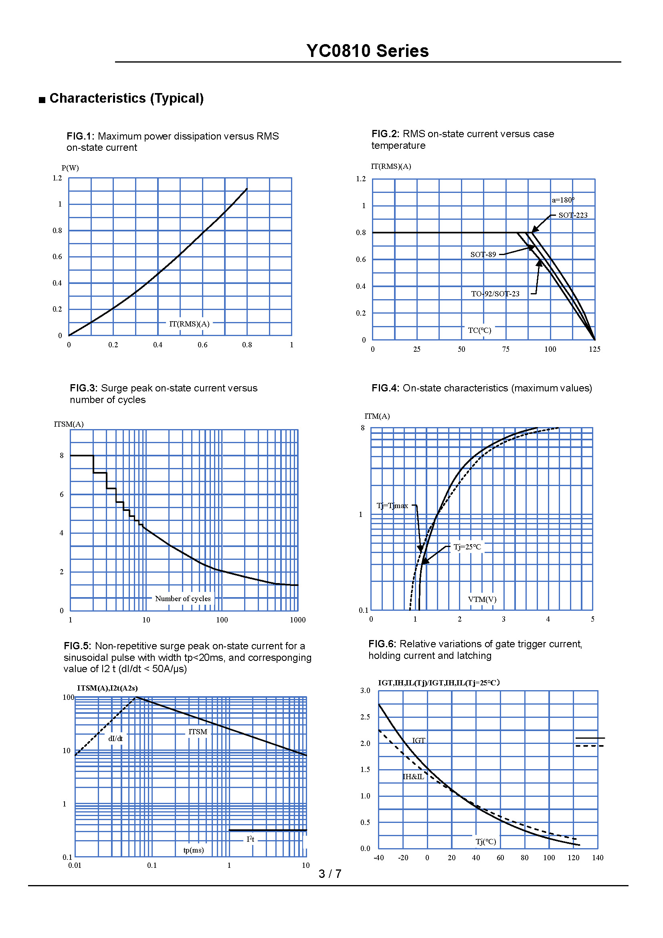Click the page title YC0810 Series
(x=368, y=51)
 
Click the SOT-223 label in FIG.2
(x=573, y=215)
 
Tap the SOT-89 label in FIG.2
(x=483, y=255)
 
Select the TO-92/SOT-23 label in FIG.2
(x=495, y=294)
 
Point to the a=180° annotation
(x=563, y=200)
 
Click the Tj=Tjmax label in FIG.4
(x=392, y=506)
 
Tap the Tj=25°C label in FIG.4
(x=467, y=547)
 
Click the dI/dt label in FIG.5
(x=115, y=739)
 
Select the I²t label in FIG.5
(x=250, y=839)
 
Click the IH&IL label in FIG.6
(x=413, y=777)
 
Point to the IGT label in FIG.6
(x=418, y=740)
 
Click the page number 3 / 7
(x=330, y=874)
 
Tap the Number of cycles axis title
(x=183, y=598)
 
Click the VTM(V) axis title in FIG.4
(x=482, y=599)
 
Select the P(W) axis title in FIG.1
(x=70, y=168)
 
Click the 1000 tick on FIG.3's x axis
(x=297, y=620)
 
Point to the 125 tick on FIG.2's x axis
(x=594, y=349)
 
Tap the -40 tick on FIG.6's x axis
(x=378, y=857)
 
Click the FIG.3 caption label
(x=83, y=388)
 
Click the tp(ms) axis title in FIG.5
(x=194, y=850)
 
